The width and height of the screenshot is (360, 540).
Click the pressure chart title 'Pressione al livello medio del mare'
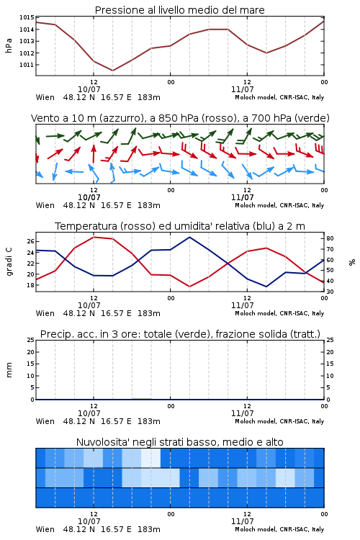click(179, 10)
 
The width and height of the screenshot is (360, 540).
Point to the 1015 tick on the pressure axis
click(27, 17)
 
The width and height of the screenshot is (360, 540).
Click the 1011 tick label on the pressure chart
click(27, 65)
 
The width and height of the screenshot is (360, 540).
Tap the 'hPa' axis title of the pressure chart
click(9, 45)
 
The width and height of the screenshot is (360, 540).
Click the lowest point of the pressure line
click(112, 71)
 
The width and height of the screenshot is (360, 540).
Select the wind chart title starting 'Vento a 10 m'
click(180, 118)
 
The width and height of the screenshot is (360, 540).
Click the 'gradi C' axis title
click(9, 262)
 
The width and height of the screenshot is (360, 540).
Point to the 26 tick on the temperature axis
click(31, 241)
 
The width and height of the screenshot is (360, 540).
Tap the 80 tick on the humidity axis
click(330, 238)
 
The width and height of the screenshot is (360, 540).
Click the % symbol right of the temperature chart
click(352, 262)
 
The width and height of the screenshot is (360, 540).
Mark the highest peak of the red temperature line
click(94, 237)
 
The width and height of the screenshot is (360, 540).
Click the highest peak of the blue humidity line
click(189, 237)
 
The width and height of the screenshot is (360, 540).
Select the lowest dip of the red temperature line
click(189, 287)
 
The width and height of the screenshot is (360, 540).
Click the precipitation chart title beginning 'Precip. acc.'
click(180, 334)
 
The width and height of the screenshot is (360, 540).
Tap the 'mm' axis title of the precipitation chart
click(9, 370)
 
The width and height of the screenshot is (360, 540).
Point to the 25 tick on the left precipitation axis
click(31, 340)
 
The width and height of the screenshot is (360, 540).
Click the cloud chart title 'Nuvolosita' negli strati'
click(179, 442)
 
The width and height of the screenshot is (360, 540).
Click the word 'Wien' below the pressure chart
click(45, 97)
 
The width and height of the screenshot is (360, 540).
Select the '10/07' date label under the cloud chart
click(89, 521)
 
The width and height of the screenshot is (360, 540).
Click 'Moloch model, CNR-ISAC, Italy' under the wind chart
click(279, 205)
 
